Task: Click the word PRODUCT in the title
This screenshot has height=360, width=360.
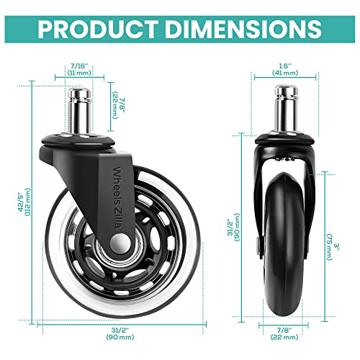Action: click(x=96, y=29)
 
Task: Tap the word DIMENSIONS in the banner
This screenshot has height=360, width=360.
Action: click(x=241, y=29)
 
